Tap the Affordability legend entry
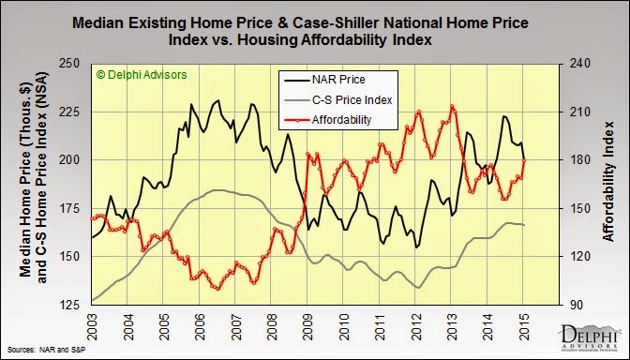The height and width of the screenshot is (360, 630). click(327, 120)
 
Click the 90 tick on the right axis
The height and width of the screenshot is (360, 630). click(576, 305)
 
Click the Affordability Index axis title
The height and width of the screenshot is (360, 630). click(609, 181)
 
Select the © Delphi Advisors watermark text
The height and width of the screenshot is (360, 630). click(142, 75)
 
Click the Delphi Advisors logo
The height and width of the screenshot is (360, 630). click(590, 337)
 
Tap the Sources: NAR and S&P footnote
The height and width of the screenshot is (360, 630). click(47, 350)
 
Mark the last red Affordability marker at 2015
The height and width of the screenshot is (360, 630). click(524, 160)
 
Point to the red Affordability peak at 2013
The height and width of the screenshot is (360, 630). click(452, 107)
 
